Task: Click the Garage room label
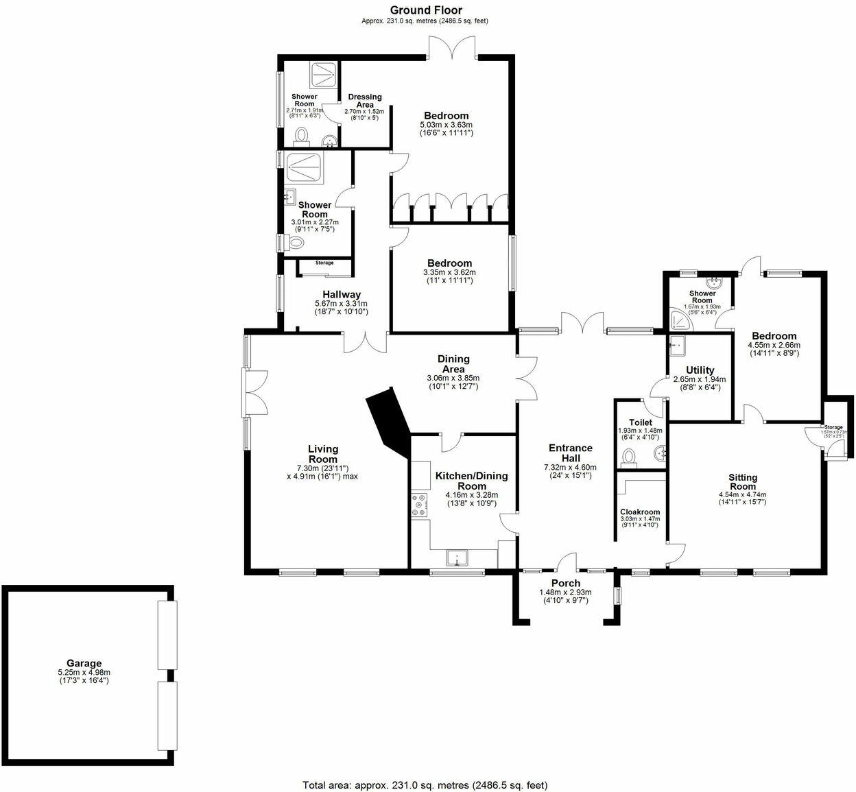point(84,663)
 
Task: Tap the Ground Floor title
point(425,10)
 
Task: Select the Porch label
point(565,583)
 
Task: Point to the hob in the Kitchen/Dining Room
point(418,505)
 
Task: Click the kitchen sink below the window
point(456,557)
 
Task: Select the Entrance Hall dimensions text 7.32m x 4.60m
point(570,467)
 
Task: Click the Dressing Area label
point(365,101)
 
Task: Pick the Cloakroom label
point(639,512)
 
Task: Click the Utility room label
point(700,370)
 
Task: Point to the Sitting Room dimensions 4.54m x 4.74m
point(742,494)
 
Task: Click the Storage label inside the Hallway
point(324,263)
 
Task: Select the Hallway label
point(341,294)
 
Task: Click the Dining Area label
point(453,363)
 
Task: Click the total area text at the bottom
point(425,784)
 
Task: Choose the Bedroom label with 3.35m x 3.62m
point(449,263)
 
